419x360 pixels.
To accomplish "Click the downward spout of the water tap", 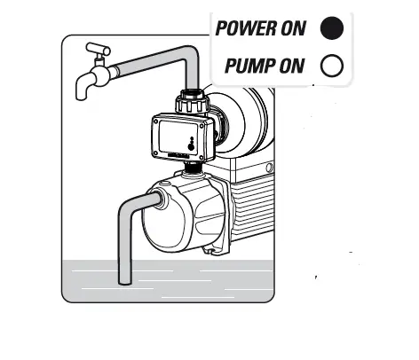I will coord(81,87).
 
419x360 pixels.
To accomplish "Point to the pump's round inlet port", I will coord(161,201).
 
